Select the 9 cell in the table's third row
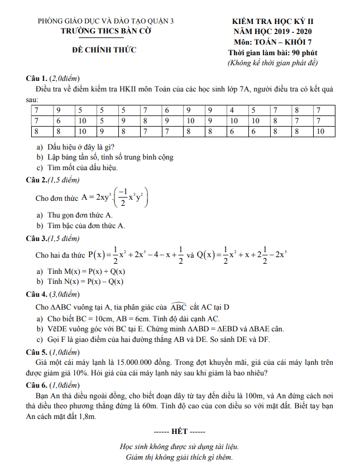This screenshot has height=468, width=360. tap(102, 132)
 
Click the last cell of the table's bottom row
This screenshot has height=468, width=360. tap(320, 132)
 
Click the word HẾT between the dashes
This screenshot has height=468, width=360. tap(180, 432)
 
